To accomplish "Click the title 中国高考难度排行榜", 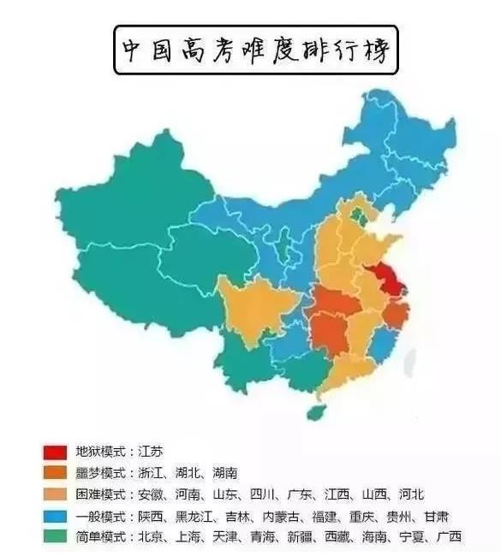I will click(x=252, y=50).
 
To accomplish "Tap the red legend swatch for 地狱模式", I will click(x=54, y=451).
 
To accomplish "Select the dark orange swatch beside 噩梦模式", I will click(x=54, y=472).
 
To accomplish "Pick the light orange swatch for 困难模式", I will click(x=54, y=494).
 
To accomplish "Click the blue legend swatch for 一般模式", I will click(x=54, y=516).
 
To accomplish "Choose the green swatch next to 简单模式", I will click(x=54, y=537).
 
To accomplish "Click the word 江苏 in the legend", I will click(x=147, y=451).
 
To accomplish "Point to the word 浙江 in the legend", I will click(x=147, y=472).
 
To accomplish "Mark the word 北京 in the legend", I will click(x=147, y=537).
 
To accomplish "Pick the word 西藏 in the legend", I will click(x=361, y=537).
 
